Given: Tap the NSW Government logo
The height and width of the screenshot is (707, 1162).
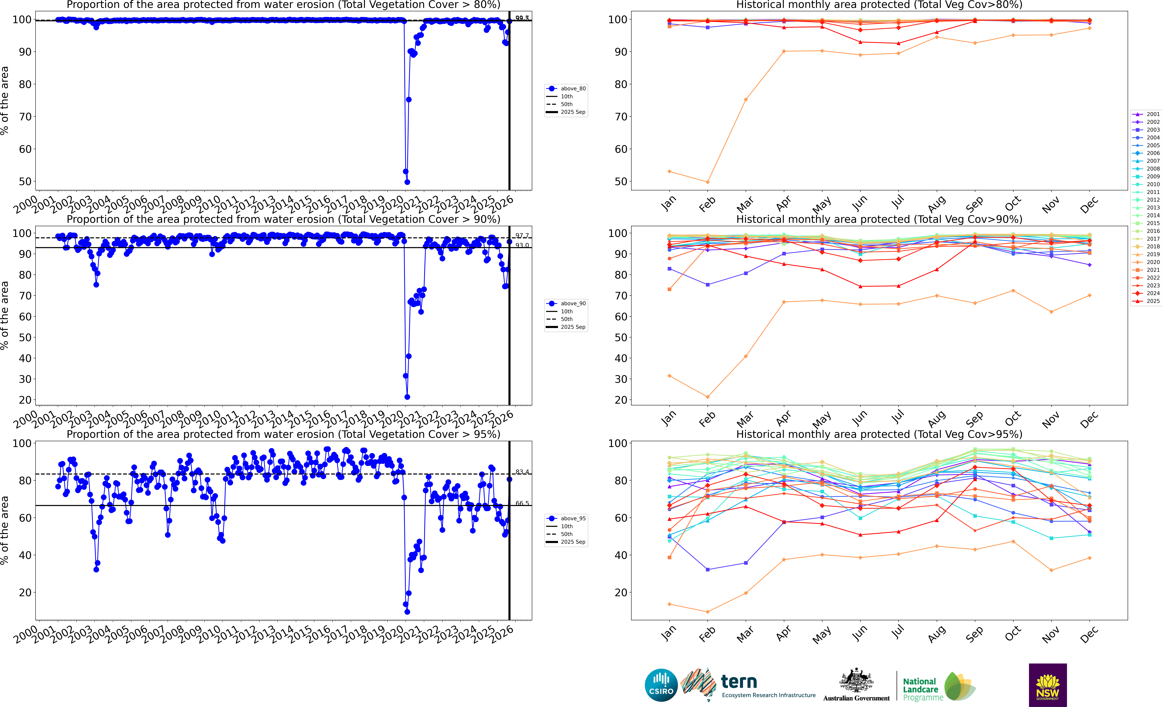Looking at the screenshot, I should coord(1047,685).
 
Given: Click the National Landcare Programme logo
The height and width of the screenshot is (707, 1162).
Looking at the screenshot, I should coord(938,687).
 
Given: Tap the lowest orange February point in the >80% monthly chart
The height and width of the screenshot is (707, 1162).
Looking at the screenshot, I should coord(707,182).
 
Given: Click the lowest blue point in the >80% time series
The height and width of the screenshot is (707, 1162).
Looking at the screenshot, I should coord(407,182).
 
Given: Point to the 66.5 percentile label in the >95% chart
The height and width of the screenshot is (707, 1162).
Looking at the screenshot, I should coord(522,503).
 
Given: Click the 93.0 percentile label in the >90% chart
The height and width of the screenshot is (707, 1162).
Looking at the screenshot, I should coord(522,246).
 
